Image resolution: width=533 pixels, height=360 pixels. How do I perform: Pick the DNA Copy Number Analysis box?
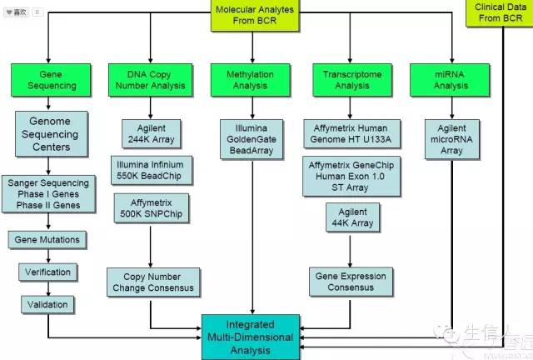point(150,80)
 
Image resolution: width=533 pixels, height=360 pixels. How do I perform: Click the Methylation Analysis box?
point(250,80)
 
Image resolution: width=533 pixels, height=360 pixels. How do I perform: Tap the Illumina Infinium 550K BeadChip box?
point(150,169)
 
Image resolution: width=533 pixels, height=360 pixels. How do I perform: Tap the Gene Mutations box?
point(47,240)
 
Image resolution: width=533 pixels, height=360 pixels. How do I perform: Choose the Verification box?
point(47,272)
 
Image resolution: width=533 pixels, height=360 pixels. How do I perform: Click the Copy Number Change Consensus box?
point(152,282)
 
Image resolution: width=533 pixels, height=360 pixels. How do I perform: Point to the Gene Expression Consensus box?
point(351,282)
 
